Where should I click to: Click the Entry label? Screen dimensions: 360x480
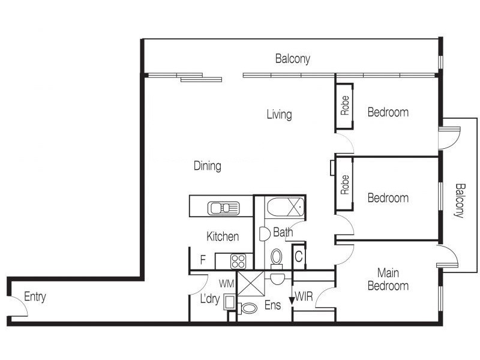click(x=35, y=296)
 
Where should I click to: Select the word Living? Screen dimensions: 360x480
click(x=279, y=114)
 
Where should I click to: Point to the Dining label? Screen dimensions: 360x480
click(x=207, y=166)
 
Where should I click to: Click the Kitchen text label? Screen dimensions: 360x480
click(x=223, y=236)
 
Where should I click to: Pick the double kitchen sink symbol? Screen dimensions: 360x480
click(x=223, y=208)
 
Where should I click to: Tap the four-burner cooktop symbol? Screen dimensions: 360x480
click(x=238, y=261)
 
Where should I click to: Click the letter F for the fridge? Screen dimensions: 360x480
click(x=203, y=260)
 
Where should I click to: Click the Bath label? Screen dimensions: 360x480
click(x=283, y=232)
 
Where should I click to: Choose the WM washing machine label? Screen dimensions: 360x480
click(x=226, y=282)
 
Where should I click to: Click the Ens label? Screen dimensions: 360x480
click(x=272, y=305)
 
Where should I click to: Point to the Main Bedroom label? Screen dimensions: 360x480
click(x=387, y=280)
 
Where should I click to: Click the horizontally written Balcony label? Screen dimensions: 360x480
click(x=292, y=59)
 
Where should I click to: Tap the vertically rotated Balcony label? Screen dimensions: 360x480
click(x=460, y=200)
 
